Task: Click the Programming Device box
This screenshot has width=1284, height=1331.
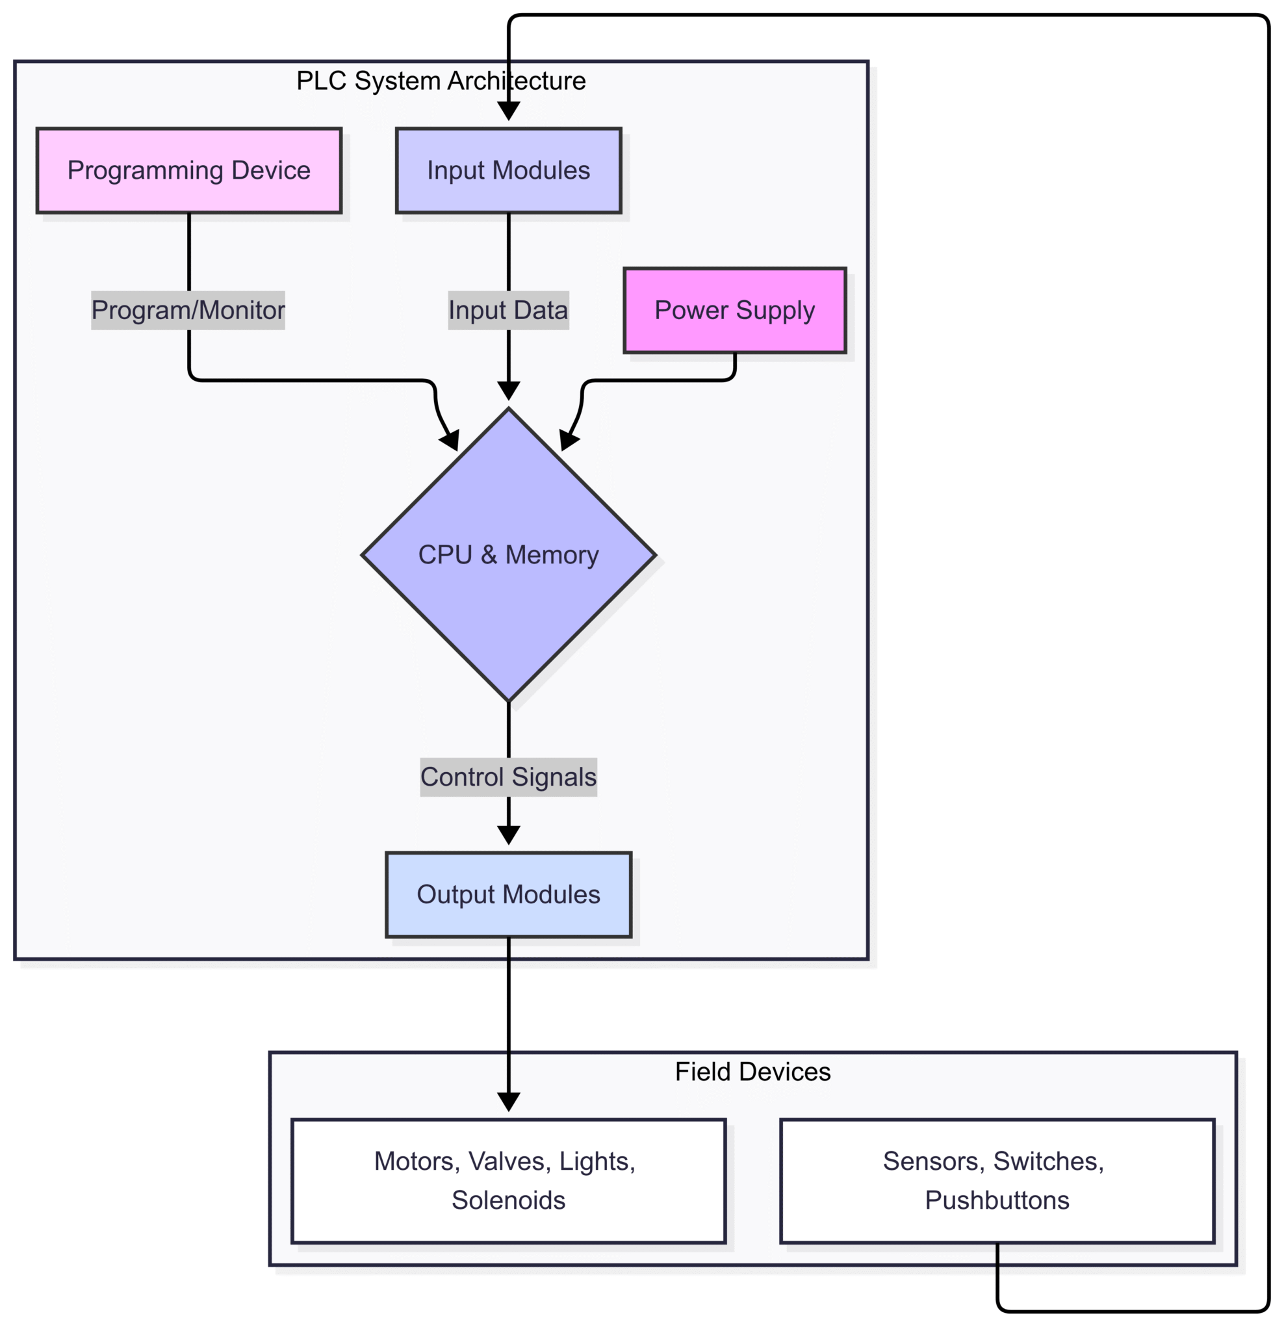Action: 188,170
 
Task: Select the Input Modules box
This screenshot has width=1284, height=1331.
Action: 508,170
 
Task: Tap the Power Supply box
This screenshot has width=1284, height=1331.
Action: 734,311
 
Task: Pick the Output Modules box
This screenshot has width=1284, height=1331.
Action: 508,894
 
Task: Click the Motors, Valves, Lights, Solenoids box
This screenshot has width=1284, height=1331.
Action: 508,1181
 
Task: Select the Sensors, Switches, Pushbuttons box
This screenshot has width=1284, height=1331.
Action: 996,1181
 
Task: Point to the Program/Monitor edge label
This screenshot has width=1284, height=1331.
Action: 188,311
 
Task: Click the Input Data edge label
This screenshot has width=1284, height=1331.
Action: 508,311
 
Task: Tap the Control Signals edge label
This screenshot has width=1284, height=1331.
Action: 508,777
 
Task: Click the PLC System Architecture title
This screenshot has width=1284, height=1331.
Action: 441,81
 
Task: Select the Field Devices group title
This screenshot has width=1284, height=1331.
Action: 752,1072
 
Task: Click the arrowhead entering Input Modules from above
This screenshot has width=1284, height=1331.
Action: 508,111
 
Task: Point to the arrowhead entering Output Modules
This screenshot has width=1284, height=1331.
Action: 508,835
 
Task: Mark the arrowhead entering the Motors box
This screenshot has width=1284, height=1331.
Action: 508,1102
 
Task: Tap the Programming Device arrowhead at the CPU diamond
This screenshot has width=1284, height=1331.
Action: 450,441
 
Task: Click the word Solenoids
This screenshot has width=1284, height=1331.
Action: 508,1200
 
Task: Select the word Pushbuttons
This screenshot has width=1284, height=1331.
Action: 996,1200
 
